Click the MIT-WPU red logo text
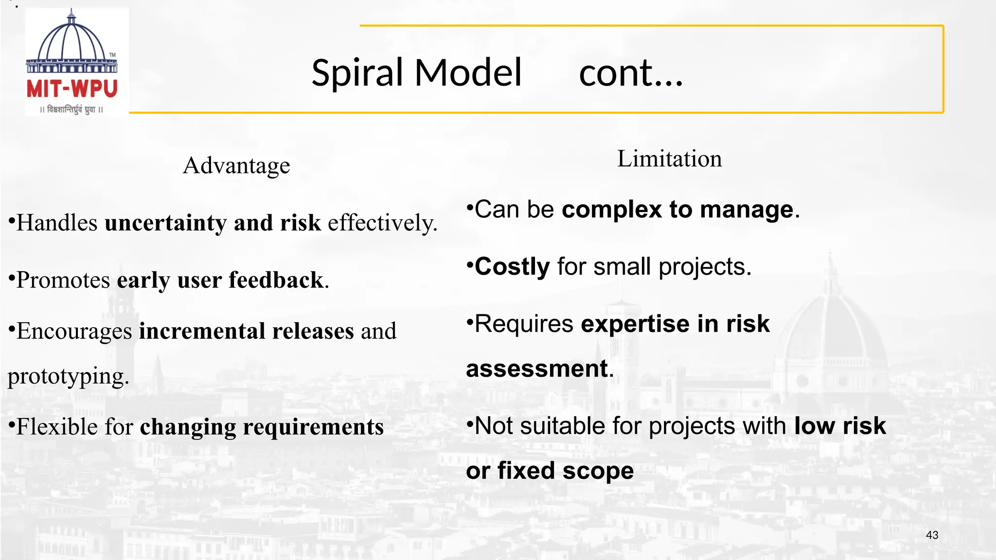(x=72, y=89)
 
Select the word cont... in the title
(x=631, y=73)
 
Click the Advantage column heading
(x=236, y=166)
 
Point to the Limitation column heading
(x=669, y=159)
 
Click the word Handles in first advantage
(x=57, y=223)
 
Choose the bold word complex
(x=611, y=210)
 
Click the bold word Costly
(x=512, y=267)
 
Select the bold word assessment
(x=537, y=369)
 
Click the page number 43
(x=932, y=535)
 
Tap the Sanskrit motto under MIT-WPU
(x=71, y=110)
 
